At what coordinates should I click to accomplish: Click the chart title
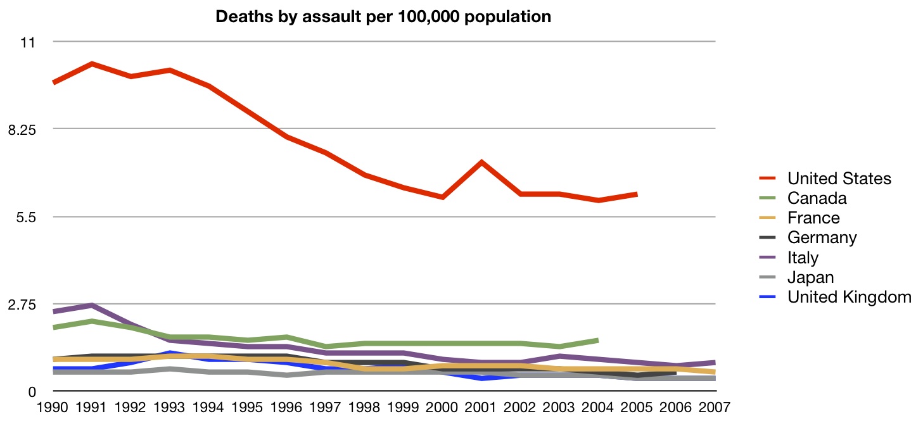point(383,17)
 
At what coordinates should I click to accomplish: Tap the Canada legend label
point(817,198)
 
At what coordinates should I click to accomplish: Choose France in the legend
point(813,218)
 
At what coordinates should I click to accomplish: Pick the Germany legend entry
point(822,237)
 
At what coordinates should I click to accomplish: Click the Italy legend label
point(803,258)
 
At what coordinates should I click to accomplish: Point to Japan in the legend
point(810,277)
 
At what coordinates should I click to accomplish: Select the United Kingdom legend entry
point(850,297)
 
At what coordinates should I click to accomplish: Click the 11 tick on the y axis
point(28,42)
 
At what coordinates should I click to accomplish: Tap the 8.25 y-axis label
point(22,130)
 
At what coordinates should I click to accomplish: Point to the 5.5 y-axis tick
point(26,218)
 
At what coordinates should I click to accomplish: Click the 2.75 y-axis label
point(22,305)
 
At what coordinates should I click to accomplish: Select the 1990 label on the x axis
point(53,408)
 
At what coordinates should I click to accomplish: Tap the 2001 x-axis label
point(480,408)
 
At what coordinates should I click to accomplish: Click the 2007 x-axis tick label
point(715,408)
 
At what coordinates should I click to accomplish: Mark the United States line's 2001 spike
point(481,162)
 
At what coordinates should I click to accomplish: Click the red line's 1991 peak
point(91,64)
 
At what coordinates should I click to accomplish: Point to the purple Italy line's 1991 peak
point(91,305)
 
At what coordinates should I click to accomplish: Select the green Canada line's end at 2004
point(597,341)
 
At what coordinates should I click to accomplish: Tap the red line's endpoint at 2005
point(637,194)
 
